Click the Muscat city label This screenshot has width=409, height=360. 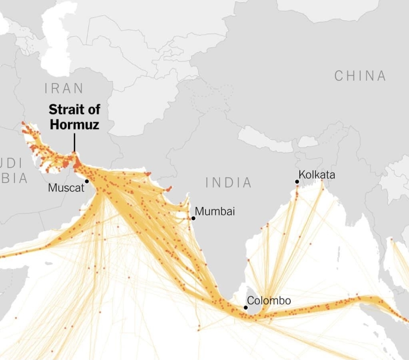coord(66,188)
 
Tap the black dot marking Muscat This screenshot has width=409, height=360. coord(87,181)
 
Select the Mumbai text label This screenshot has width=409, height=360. coord(215,211)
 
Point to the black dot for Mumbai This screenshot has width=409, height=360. coord(193,218)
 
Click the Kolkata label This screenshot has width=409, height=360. coord(317,175)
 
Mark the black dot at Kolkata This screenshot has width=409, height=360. coord(297,182)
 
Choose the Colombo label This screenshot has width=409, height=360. coord(269,301)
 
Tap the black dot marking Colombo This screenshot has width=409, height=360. coord(246,307)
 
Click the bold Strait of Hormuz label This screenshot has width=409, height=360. coord(74,117)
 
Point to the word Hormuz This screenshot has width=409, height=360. coord(74,124)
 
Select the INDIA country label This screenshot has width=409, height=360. coord(229,183)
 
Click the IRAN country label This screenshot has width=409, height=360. coord(64,88)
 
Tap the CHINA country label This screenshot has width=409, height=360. coord(360,76)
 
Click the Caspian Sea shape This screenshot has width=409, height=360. coord(57,42)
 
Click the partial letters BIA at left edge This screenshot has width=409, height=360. coord(14,178)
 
